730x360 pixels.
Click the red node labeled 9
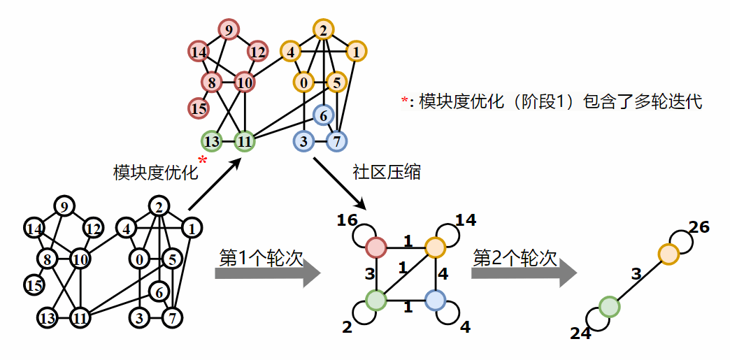(x=228, y=30)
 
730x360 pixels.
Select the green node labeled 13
(x=212, y=141)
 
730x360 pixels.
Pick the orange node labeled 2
(x=322, y=30)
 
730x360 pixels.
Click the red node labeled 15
(x=199, y=108)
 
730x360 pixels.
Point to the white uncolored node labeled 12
(x=92, y=228)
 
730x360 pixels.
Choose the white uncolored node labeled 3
(x=140, y=319)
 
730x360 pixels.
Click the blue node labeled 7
(x=336, y=141)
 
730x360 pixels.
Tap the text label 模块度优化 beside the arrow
(x=155, y=173)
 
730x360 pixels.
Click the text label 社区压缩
(x=388, y=172)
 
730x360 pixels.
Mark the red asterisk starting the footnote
(x=403, y=102)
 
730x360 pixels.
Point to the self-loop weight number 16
(x=346, y=222)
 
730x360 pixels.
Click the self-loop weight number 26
(x=699, y=227)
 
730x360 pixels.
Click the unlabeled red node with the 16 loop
(x=376, y=247)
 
